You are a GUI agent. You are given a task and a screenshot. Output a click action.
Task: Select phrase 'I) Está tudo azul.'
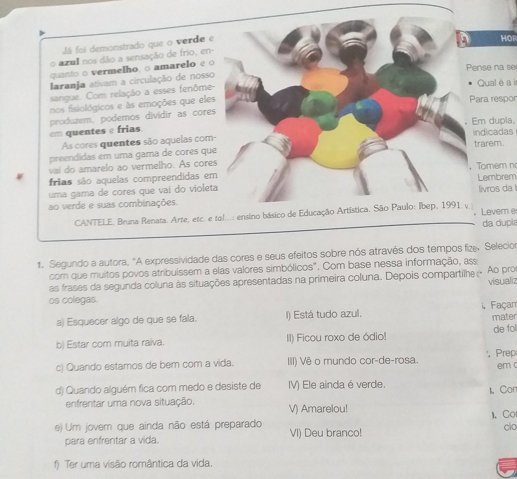pos(324,314)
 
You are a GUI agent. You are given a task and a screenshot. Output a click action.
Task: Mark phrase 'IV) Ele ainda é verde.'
pos(337,385)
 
